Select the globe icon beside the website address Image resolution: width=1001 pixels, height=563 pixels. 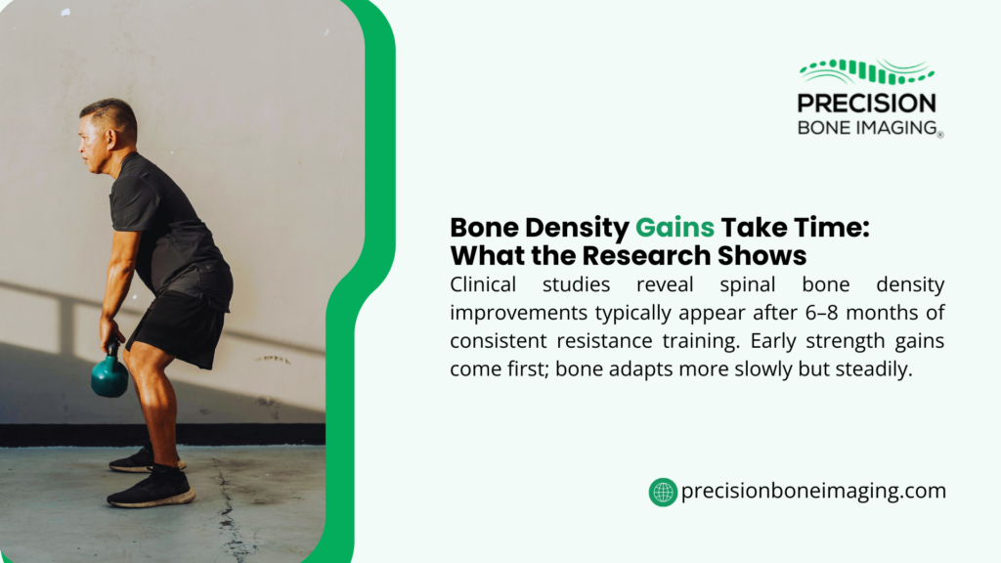coord(663,492)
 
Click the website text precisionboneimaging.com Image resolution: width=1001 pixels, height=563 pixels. coord(814,492)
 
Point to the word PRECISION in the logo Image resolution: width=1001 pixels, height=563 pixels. coord(866,103)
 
